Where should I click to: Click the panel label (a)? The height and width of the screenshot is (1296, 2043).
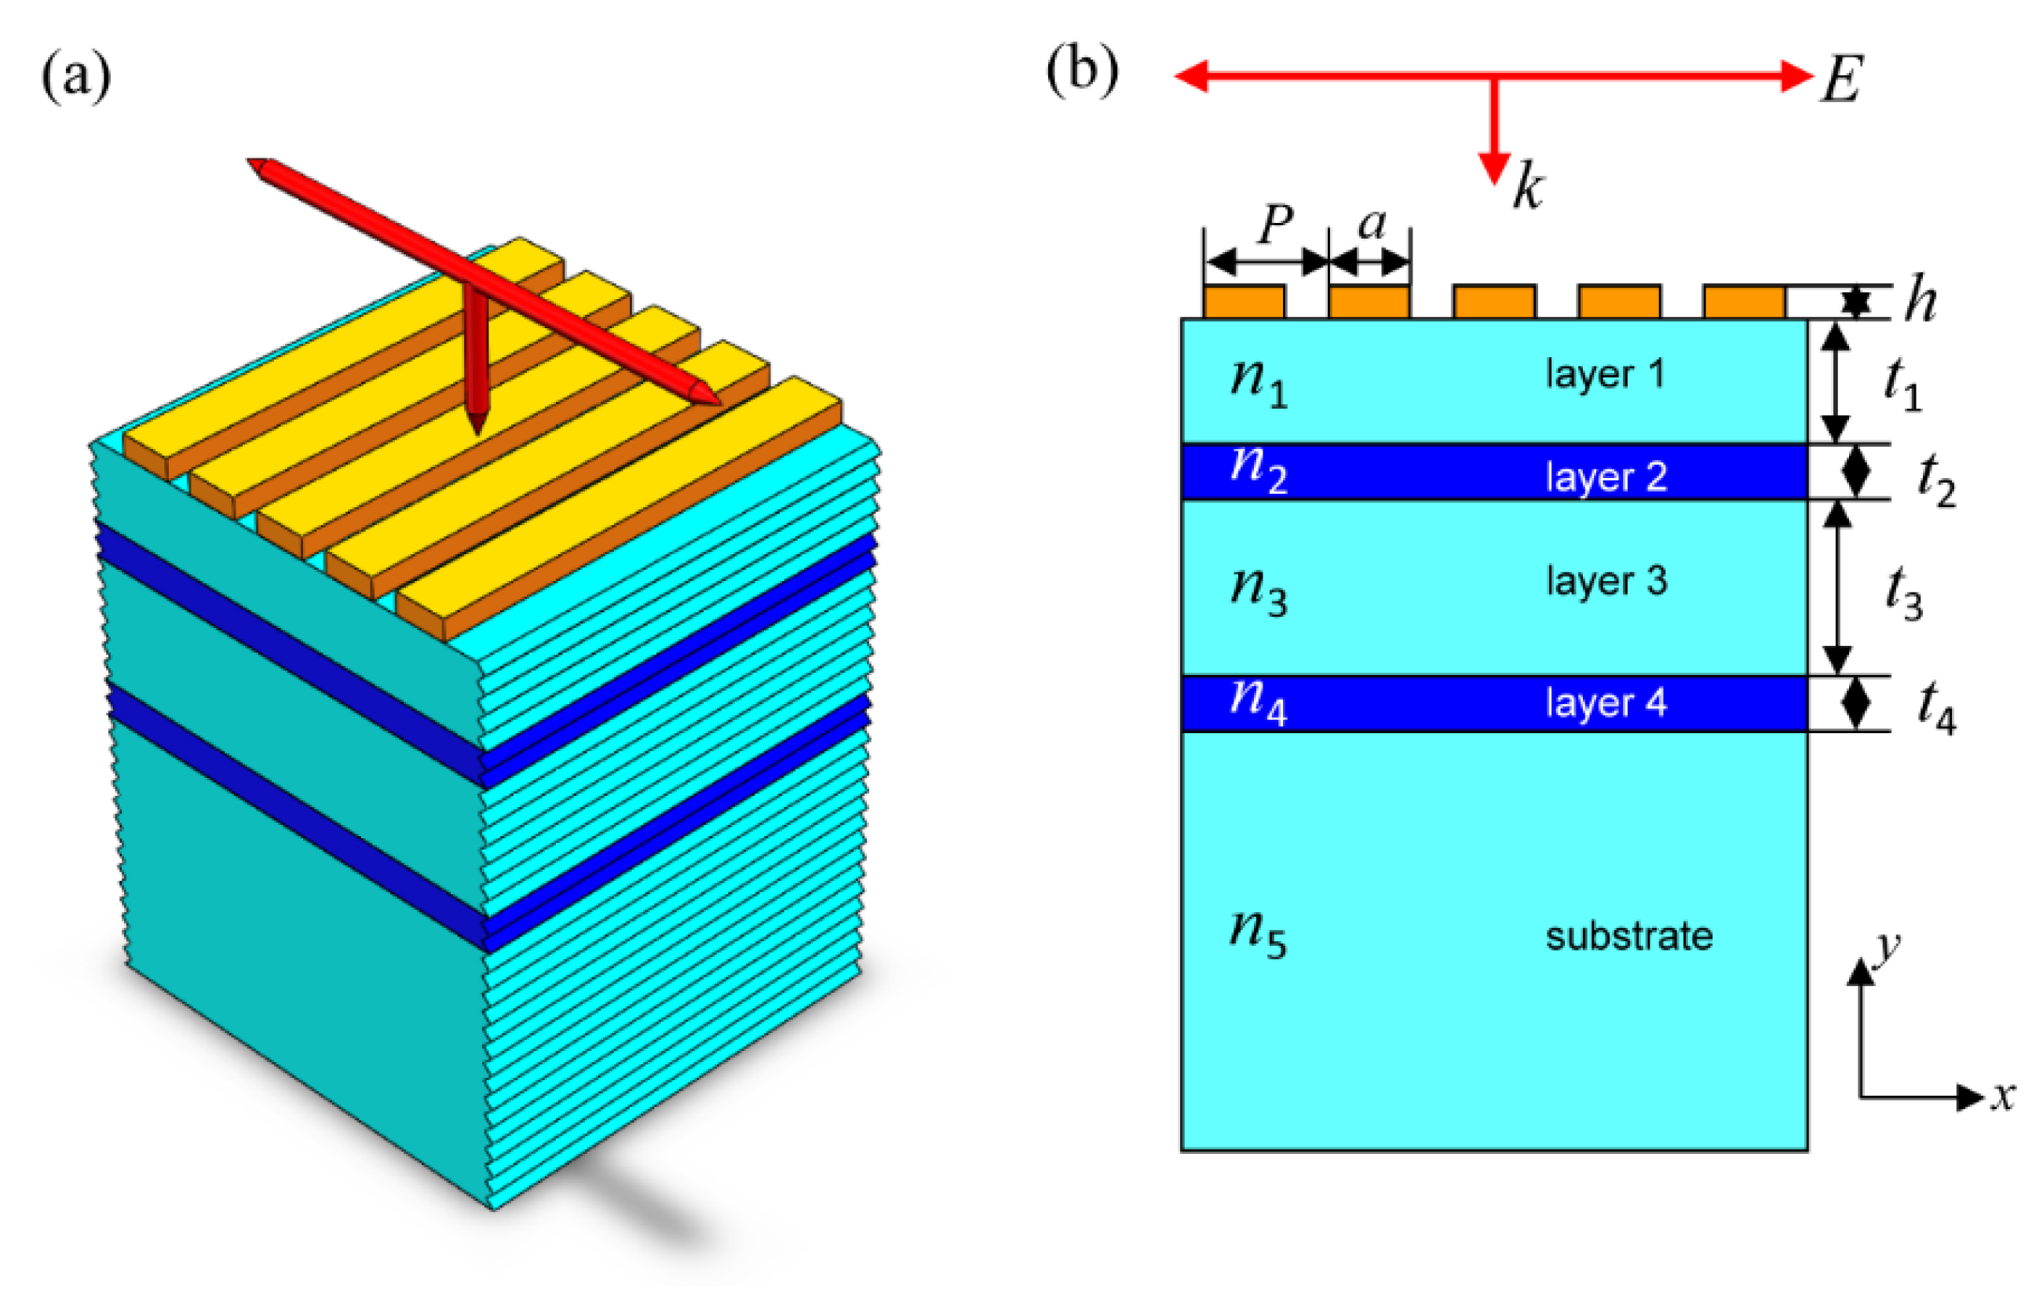pyautogui.click(x=75, y=75)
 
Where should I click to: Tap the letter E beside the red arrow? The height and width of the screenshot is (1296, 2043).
pyautogui.click(x=1842, y=80)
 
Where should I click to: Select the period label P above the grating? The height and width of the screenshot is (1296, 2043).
pyautogui.click(x=1276, y=224)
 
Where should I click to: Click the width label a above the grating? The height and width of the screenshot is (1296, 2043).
pyautogui.click(x=1372, y=224)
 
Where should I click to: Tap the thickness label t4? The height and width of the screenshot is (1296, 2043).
pyautogui.click(x=1937, y=706)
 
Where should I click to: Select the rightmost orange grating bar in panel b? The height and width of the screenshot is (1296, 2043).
pyautogui.click(x=1745, y=301)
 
